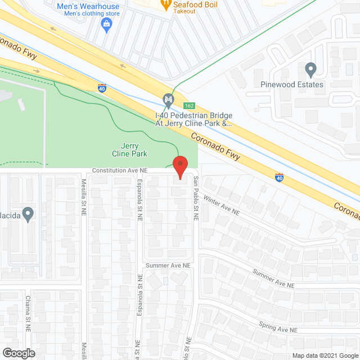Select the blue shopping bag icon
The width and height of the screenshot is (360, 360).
(106, 24)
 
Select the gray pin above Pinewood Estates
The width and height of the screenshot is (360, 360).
(310, 70)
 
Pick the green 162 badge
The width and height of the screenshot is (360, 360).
(189, 106)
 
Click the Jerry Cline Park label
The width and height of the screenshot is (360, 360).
(125, 149)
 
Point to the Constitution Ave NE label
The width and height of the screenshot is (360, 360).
(119, 169)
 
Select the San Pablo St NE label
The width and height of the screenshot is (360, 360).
(196, 197)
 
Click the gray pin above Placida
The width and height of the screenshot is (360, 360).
(28, 214)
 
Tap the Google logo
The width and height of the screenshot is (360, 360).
(18, 353)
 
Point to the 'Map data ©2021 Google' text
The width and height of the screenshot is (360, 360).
(325, 355)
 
